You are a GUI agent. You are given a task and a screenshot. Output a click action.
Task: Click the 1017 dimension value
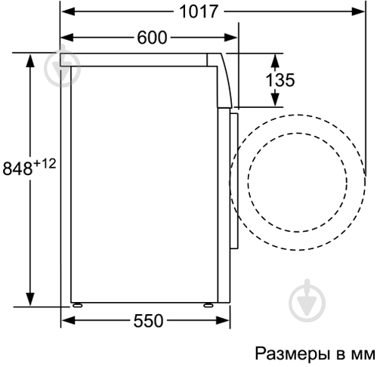pyautogui.click(x=199, y=11)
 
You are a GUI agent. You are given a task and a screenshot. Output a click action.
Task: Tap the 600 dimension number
pyautogui.click(x=152, y=38)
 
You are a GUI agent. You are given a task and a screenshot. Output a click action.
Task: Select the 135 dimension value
pyautogui.click(x=280, y=80)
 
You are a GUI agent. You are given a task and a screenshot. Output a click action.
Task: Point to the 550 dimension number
pyautogui.click(x=148, y=321)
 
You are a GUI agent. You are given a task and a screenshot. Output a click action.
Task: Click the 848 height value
pyautogui.click(x=17, y=168)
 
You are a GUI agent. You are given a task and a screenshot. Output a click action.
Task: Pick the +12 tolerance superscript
pyautogui.click(x=45, y=164)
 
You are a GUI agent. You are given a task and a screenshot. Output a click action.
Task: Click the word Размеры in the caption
pyautogui.click(x=292, y=354)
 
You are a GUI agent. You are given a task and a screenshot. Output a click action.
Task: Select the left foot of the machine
pyautogui.click(x=77, y=305)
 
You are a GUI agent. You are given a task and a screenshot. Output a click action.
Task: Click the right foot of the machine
pyautogui.click(x=209, y=305)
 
